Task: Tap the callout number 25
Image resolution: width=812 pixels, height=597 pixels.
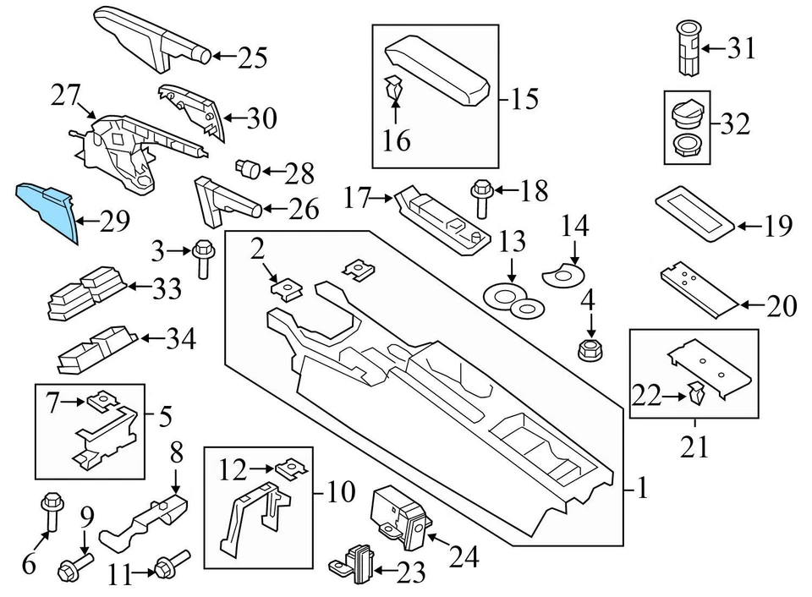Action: pos(251,58)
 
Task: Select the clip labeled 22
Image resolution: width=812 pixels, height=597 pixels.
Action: pos(696,392)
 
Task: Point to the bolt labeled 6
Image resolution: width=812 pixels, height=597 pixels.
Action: pos(48,514)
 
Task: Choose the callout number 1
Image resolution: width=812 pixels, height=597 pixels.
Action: pos(642,488)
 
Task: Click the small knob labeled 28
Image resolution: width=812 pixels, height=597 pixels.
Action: pos(250,169)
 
